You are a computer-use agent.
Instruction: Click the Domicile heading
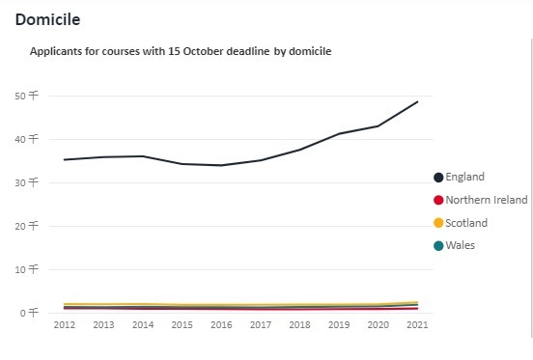pyautogui.click(x=47, y=19)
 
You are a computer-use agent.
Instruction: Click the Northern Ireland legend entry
pyautogui.click(x=480, y=200)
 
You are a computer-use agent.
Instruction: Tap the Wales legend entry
pyautogui.click(x=460, y=246)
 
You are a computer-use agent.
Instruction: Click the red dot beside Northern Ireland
pyautogui.click(x=438, y=200)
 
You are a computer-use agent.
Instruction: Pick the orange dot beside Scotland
pyautogui.click(x=438, y=223)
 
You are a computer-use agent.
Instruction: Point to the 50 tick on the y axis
pyautogui.click(x=25, y=96)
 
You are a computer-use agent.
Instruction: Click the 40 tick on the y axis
pyautogui.click(x=25, y=139)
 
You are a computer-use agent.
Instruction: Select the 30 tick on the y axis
pyautogui.click(x=25, y=182)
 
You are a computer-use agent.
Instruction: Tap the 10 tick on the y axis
pyautogui.click(x=25, y=269)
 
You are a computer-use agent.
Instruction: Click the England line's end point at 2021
pyautogui.click(x=418, y=101)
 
